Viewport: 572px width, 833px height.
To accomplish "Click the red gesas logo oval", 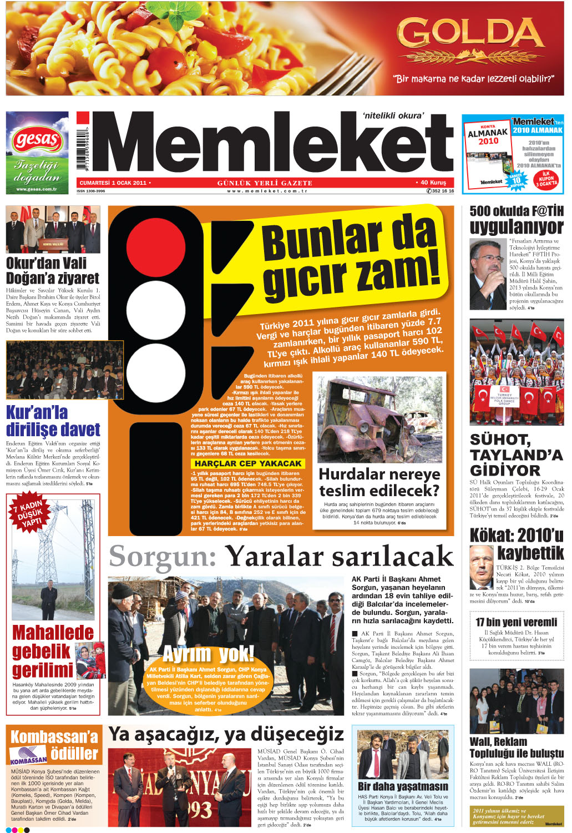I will click(x=37, y=139).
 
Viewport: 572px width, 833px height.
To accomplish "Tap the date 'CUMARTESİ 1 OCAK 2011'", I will click(x=114, y=183).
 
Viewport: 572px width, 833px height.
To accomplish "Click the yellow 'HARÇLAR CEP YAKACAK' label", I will click(x=248, y=463).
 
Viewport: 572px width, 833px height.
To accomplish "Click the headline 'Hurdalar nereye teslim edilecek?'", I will click(x=379, y=482).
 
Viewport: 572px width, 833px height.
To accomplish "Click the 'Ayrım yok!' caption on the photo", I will click(x=208, y=654).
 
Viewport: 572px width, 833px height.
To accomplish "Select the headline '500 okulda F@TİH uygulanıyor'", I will click(x=516, y=220).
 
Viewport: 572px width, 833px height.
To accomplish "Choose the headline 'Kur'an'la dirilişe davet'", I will click(x=53, y=421).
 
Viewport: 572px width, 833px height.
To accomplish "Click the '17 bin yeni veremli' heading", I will click(x=516, y=622).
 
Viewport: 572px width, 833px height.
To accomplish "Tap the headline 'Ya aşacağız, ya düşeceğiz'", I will click(x=226, y=734).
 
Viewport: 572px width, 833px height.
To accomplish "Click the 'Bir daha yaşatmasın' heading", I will click(x=403, y=786).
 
